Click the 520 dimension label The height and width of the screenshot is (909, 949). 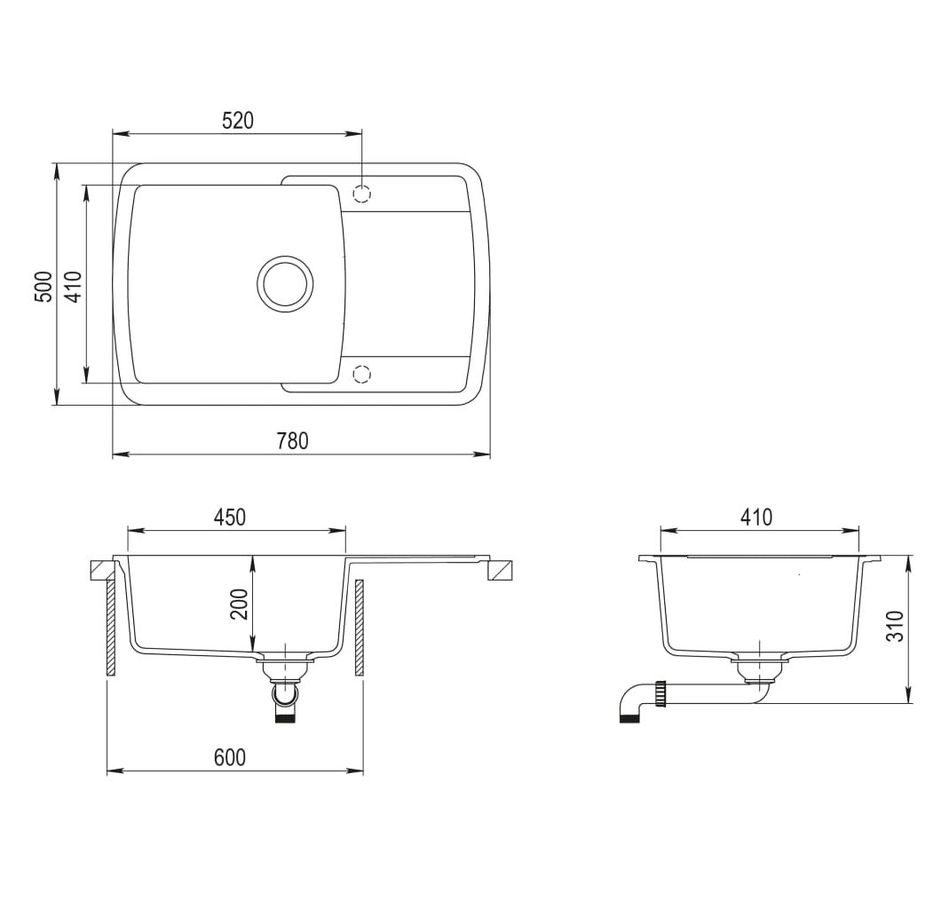click(x=237, y=121)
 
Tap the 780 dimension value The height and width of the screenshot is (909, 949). click(x=293, y=441)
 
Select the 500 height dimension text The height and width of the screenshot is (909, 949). click(x=43, y=286)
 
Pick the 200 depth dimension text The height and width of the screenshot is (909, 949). click(x=241, y=604)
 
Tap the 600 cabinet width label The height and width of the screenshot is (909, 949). click(x=230, y=757)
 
